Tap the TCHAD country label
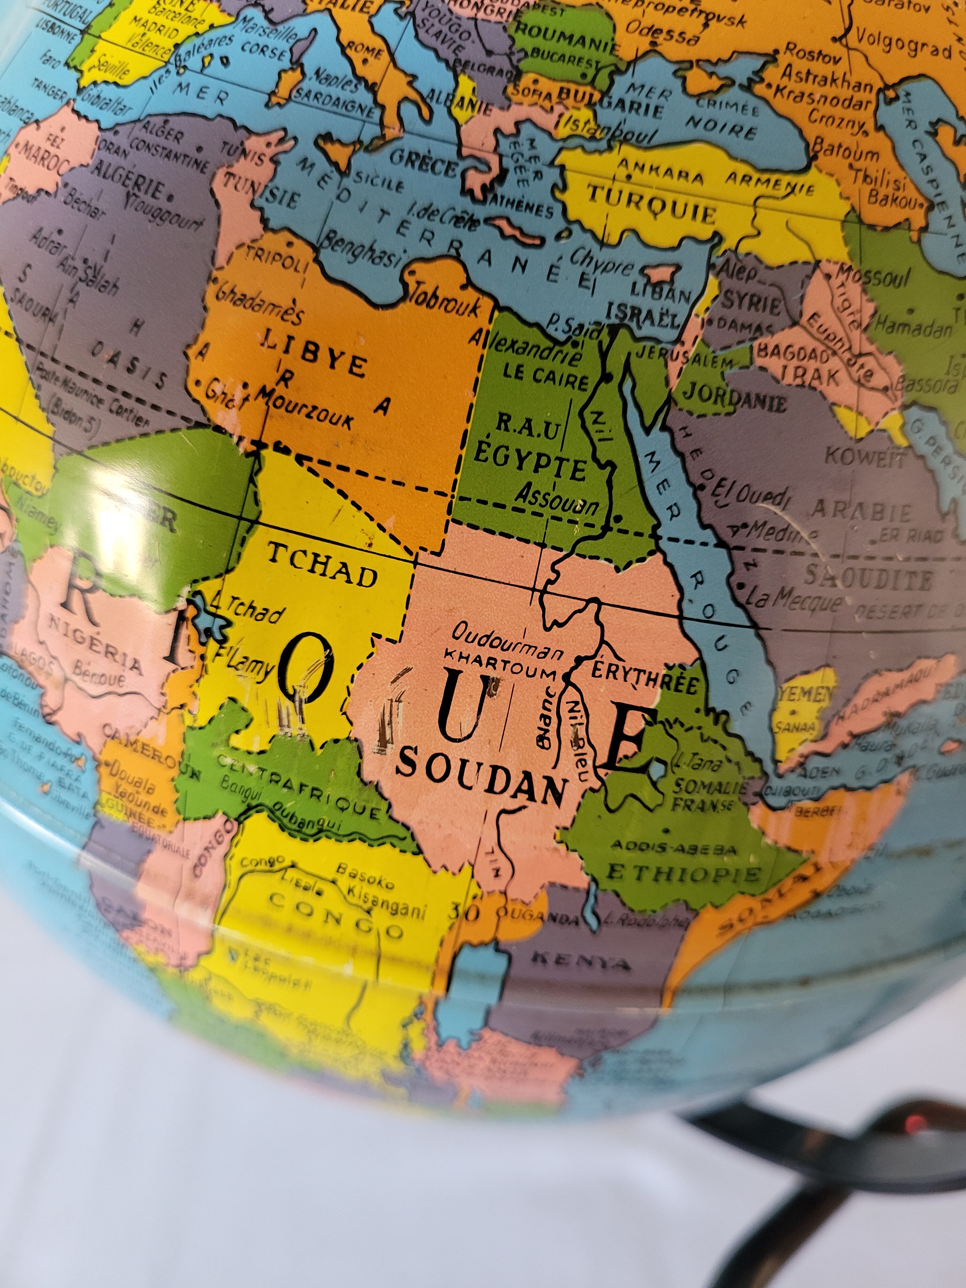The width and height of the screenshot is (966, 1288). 322,565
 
